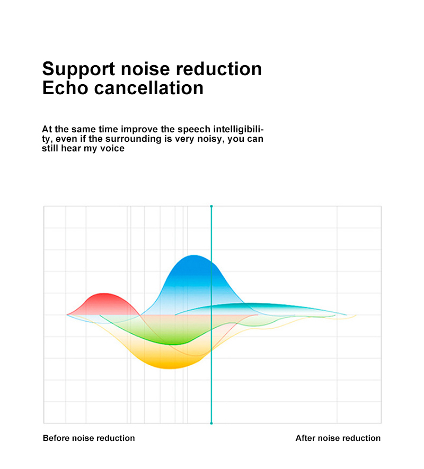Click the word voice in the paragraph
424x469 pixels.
click(x=113, y=149)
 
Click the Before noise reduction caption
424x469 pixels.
click(x=89, y=438)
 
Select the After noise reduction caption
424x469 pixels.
click(x=338, y=438)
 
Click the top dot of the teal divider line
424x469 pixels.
click(x=211, y=206)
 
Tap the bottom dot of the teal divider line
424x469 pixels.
click(x=211, y=423)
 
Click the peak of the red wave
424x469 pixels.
click(x=105, y=294)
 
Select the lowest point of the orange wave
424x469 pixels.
click(x=169, y=367)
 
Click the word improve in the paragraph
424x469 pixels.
click(x=139, y=129)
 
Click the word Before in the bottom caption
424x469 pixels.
click(x=56, y=438)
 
